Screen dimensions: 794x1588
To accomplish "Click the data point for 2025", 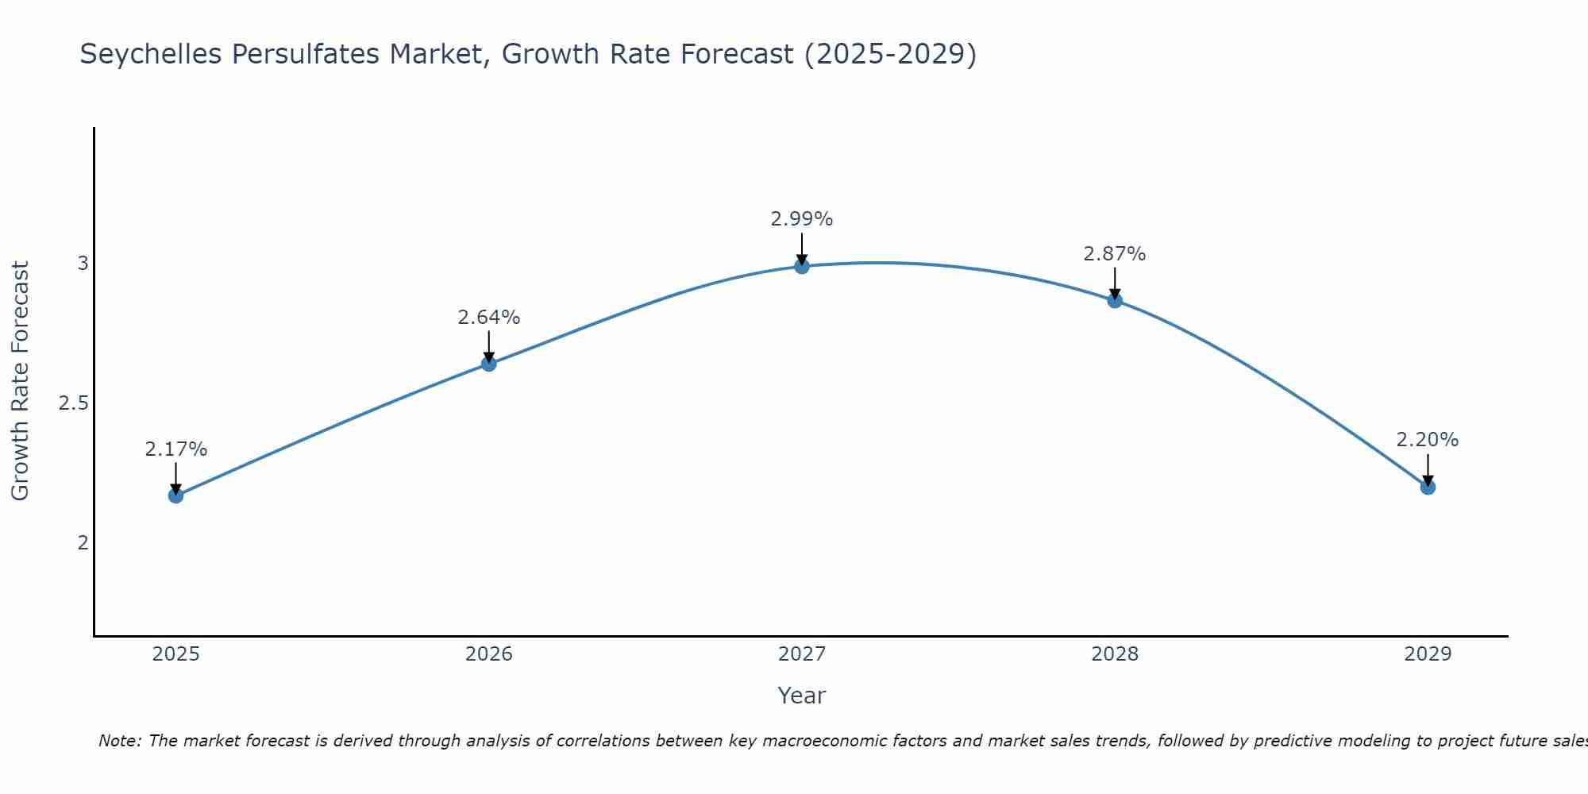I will (175, 495).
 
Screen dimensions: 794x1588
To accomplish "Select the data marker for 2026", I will (488, 364).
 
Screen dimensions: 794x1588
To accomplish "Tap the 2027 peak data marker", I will (802, 266).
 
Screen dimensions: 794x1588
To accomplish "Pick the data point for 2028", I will (1115, 300).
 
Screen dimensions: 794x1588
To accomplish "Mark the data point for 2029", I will (1428, 487).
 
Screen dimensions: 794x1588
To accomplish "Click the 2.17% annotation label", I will (175, 449).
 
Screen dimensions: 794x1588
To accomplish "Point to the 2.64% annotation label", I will (488, 318).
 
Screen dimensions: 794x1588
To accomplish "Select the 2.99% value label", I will (802, 219).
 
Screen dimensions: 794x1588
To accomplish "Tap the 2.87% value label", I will (1115, 254).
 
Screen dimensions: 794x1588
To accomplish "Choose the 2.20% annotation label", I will (1428, 440).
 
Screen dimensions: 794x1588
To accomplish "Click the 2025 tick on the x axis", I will (175, 654).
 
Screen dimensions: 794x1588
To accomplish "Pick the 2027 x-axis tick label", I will (802, 654).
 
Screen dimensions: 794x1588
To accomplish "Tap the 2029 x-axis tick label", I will (1428, 654).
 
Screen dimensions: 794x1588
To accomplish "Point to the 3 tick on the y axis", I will (83, 264).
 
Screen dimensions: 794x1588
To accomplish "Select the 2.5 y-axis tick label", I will (74, 403).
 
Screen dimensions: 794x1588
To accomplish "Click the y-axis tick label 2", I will (83, 543).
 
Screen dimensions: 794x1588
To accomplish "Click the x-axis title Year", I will (802, 696).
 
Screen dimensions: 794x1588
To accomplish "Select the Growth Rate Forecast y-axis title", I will (21, 381).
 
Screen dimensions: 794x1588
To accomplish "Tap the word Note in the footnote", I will (119, 741).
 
